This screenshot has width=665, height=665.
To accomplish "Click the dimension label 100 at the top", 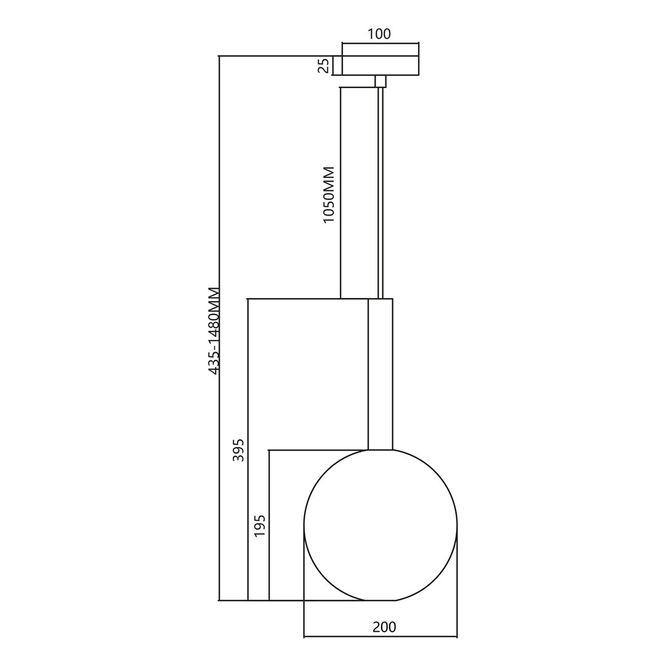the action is (x=379, y=34).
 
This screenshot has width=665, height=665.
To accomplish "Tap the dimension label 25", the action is (x=324, y=66).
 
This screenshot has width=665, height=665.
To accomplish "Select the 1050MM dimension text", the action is (x=329, y=195).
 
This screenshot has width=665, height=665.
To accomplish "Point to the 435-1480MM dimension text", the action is (x=214, y=331).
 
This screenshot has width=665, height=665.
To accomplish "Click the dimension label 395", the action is (x=239, y=450).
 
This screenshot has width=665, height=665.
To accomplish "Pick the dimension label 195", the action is (x=260, y=525).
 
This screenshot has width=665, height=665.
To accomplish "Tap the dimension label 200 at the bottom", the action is (x=384, y=627).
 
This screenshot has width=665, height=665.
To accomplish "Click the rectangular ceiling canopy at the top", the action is (x=381, y=66).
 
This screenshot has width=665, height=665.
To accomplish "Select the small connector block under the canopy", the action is (x=381, y=81).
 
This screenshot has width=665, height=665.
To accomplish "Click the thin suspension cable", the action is (x=381, y=193).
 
